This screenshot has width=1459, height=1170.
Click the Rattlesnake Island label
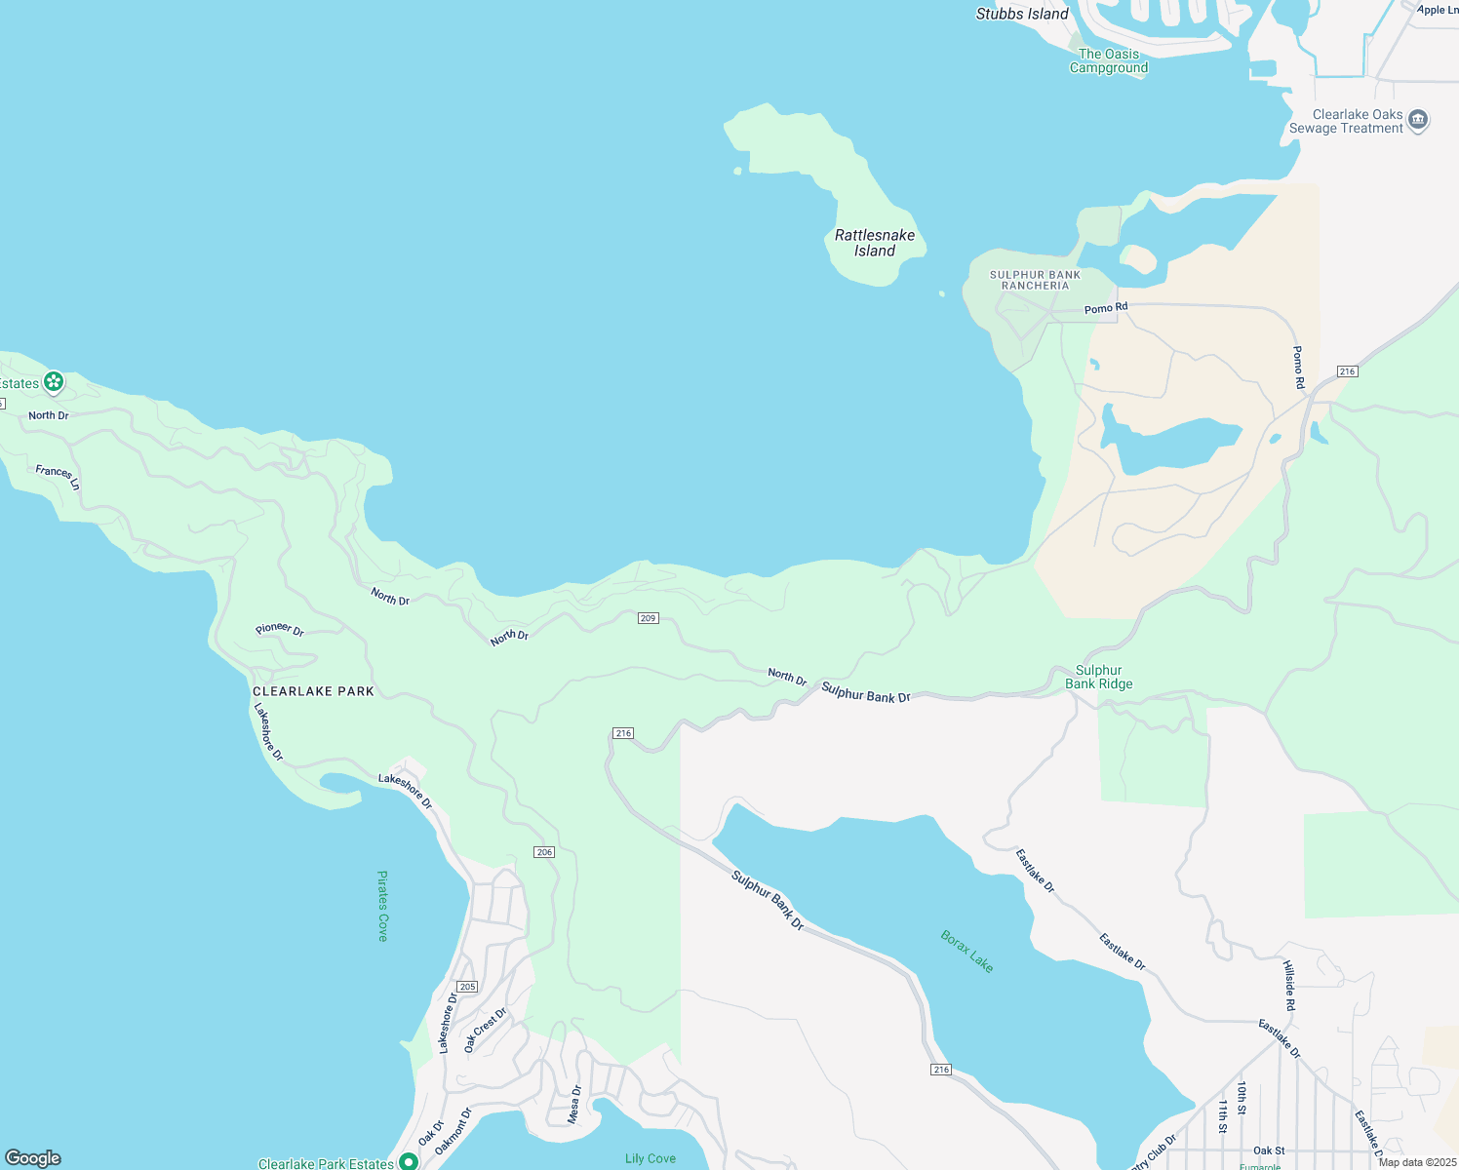(875, 243)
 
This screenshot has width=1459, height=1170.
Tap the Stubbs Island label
(1022, 14)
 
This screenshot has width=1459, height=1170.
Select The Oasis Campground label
(1108, 61)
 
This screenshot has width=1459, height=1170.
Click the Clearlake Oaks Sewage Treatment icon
(1418, 120)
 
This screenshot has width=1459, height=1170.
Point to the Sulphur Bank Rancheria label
(1035, 280)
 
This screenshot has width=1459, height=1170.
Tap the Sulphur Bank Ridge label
(1099, 677)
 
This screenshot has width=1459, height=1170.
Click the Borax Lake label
(966, 951)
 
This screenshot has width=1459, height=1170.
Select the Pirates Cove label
(382, 906)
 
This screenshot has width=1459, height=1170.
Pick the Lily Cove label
(650, 1158)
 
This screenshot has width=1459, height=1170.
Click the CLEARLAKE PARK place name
(313, 691)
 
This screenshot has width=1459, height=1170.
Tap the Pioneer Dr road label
(280, 630)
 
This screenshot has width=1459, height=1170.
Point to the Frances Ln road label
(59, 477)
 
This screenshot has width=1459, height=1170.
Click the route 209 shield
(649, 618)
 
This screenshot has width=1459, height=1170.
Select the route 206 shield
(544, 852)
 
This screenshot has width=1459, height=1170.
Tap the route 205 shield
(467, 987)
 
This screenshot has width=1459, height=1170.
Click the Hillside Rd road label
(1288, 985)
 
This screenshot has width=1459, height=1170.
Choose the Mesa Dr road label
(575, 1104)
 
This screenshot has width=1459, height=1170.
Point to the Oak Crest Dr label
(485, 1030)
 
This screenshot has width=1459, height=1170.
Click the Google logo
(33, 1158)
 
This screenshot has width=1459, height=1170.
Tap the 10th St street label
(1242, 1097)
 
